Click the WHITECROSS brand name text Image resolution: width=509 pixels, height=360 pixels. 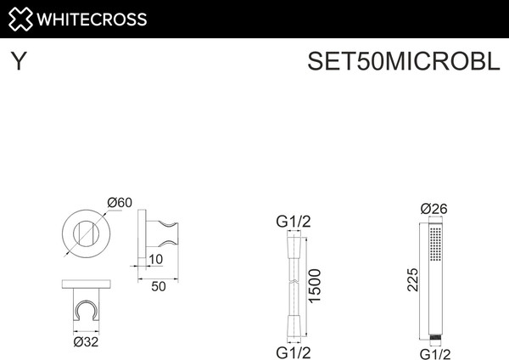point(92,19)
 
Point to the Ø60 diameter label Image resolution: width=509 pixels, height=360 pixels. point(120,202)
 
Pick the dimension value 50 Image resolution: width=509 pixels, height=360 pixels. point(158,287)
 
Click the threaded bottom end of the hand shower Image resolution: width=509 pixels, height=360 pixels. point(435,336)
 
